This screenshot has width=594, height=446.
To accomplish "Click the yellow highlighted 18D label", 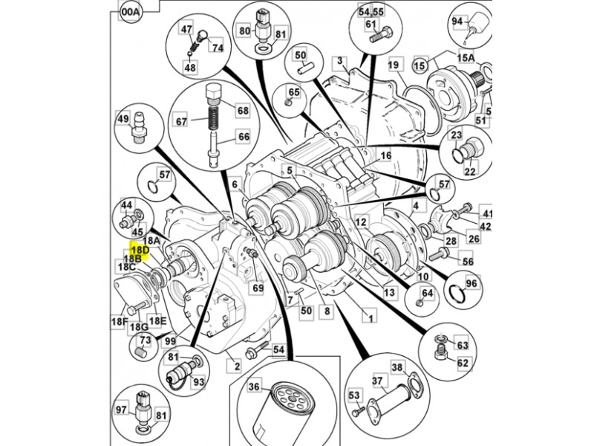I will pyautogui.click(x=140, y=251).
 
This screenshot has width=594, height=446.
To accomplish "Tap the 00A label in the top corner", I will pyautogui.click(x=131, y=12).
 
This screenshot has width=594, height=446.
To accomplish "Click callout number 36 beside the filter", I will pyautogui.click(x=255, y=387).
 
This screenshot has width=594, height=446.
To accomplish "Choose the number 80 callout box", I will pyautogui.click(x=244, y=31).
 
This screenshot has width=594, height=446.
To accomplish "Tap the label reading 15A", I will pyautogui.click(x=466, y=57).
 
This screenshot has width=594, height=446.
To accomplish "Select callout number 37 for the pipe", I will pyautogui.click(x=377, y=381).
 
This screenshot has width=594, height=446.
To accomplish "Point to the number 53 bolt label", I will pyautogui.click(x=353, y=395).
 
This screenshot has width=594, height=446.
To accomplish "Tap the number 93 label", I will pyautogui.click(x=199, y=382).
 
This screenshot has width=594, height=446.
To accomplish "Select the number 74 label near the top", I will pyautogui.click(x=217, y=48).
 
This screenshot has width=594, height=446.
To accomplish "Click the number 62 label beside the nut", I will pyautogui.click(x=463, y=363).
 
